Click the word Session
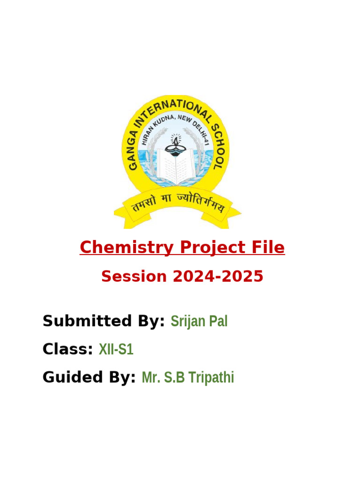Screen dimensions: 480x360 [134, 277]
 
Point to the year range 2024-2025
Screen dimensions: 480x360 [218, 277]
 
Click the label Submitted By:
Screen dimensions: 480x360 [104, 322]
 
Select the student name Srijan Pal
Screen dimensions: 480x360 [199, 322]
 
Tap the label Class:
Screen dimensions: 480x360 [67, 349]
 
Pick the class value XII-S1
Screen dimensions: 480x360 [116, 349]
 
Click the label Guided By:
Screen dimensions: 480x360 [89, 377]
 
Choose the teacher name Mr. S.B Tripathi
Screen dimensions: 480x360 [187, 377]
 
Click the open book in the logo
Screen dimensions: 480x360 [176, 166]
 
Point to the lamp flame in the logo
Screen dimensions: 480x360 [176, 137]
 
